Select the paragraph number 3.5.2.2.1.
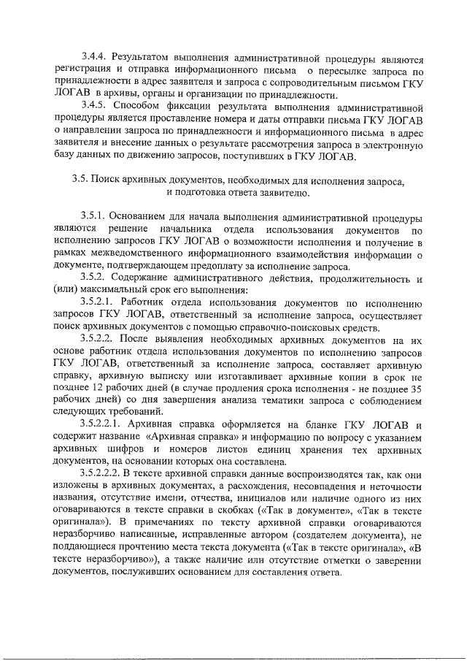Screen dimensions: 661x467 [x=104, y=426]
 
